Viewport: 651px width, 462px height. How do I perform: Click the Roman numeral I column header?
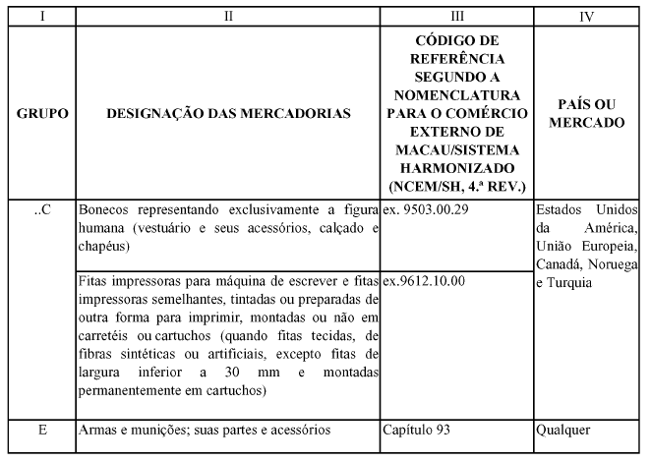click(x=42, y=16)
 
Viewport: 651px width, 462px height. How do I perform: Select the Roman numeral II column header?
click(x=228, y=16)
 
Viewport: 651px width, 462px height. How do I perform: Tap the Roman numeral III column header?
click(x=456, y=16)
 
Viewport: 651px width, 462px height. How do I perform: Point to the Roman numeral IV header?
click(x=586, y=16)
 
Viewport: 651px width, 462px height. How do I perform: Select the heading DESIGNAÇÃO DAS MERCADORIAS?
click(x=228, y=114)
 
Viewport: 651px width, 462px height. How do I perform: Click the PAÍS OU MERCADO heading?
click(x=586, y=114)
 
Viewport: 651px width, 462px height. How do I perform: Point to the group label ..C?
click(x=42, y=210)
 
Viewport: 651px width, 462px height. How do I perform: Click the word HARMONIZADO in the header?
click(x=456, y=167)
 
